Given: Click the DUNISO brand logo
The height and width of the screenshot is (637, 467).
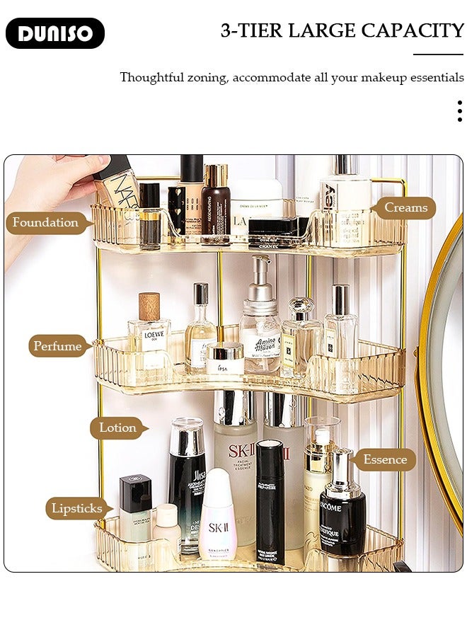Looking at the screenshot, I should click(x=55, y=33).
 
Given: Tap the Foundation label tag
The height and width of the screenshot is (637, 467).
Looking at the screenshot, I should click(x=45, y=223).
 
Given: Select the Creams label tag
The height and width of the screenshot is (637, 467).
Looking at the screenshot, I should click(x=405, y=207).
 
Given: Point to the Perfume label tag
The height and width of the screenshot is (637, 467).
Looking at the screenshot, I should click(x=57, y=346).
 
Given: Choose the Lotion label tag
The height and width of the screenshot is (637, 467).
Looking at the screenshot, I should click(x=117, y=427).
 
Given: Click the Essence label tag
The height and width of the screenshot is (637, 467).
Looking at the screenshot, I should click(x=385, y=459).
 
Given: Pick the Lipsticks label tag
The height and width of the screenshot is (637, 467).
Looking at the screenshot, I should click(x=76, y=508).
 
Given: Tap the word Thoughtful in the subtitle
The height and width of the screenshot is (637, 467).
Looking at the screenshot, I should click(x=151, y=77).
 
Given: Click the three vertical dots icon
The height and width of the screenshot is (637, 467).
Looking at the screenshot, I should click(x=459, y=111).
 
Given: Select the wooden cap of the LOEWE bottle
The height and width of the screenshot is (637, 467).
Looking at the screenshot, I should click(x=149, y=306).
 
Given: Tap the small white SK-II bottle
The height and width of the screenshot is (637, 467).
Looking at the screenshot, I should click(x=217, y=517).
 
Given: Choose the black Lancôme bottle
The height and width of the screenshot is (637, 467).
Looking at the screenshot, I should click(x=342, y=510).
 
